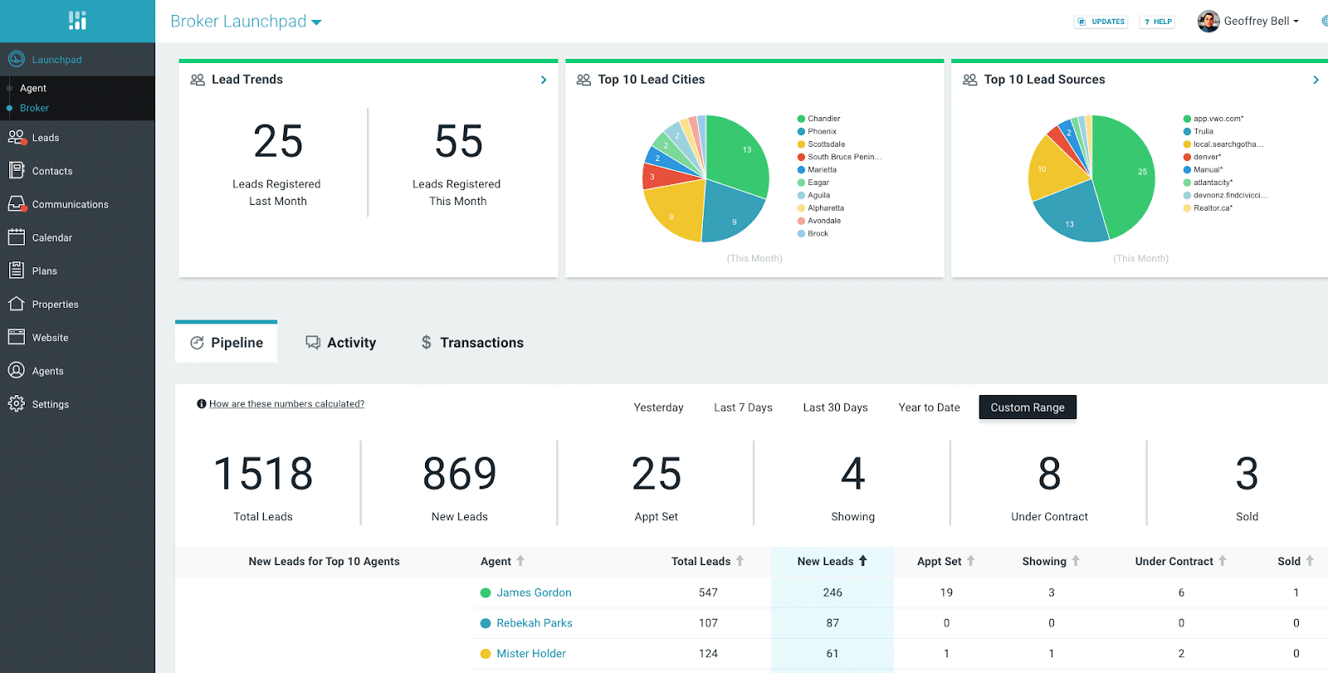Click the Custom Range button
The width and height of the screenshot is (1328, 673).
coord(1027,407)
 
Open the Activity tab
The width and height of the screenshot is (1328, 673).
coord(341,343)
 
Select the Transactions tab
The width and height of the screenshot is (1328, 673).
coord(472,343)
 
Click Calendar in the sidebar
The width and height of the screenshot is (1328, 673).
coord(51,237)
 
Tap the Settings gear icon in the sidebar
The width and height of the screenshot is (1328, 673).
coord(16,403)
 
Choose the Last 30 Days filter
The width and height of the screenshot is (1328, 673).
coord(835,407)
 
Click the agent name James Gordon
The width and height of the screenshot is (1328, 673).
coord(534,593)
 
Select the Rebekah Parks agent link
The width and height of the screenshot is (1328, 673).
coord(534,623)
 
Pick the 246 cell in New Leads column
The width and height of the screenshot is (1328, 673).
coord(832,593)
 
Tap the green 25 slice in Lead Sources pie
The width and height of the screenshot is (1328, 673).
coord(1129,174)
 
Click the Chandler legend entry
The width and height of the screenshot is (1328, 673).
coord(823,119)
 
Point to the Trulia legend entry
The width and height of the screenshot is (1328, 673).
coord(1203,131)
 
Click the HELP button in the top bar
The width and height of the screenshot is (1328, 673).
coord(1158,22)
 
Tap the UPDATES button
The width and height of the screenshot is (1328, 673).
coord(1101,22)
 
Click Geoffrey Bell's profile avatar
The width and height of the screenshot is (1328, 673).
coord(1208,22)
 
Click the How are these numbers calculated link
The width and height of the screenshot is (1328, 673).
coord(286,404)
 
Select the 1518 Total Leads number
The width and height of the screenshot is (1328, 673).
coord(263,474)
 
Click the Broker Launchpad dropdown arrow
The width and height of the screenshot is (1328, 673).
coord(316,22)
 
